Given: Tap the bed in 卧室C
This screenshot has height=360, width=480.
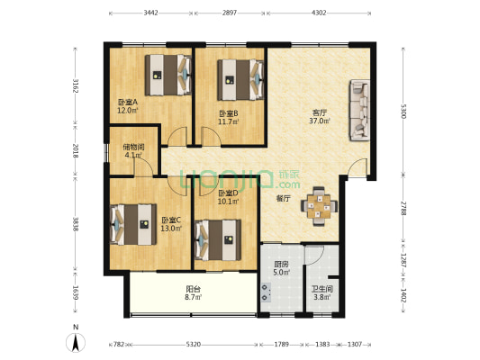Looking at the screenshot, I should pyautogui.click(x=131, y=223).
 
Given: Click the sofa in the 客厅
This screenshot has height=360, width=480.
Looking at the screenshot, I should pyautogui.click(x=358, y=111).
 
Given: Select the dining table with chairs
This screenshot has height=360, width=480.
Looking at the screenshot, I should pyautogui.click(x=319, y=206).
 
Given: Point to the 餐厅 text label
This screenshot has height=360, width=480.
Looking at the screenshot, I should pyautogui.click(x=283, y=197).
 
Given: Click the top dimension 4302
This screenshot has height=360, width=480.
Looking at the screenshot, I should pyautogui.click(x=319, y=13).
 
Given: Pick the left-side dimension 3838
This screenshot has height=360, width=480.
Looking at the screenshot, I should pyautogui.click(x=77, y=224).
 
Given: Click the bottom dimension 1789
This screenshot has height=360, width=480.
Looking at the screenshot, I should pyautogui.click(x=282, y=344).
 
